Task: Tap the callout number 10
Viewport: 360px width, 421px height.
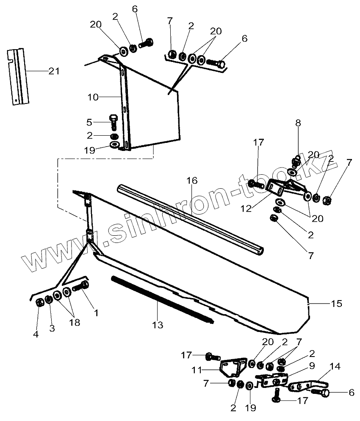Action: [93, 97]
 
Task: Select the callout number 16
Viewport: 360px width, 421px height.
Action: [192, 181]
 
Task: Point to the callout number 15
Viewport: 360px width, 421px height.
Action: [336, 304]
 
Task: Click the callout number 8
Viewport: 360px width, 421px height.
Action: [298, 123]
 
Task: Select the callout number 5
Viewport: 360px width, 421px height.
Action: [89, 123]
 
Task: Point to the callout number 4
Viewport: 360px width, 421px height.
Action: [36, 334]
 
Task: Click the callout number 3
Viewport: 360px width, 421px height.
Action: [52, 329]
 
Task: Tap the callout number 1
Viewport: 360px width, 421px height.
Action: [96, 313]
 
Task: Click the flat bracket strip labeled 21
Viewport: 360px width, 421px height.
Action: [18, 76]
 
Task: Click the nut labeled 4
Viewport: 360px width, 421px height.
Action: [39, 303]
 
